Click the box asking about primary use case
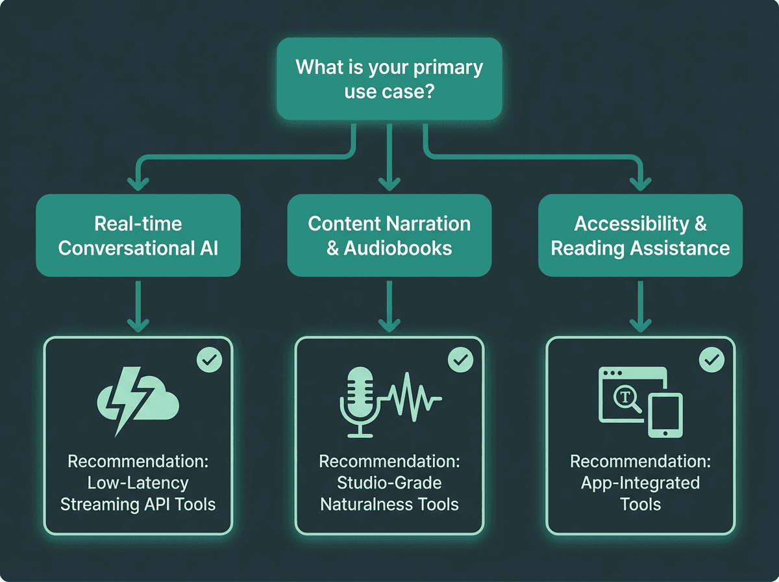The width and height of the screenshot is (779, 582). tap(389, 78)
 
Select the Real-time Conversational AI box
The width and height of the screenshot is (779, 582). tap(138, 235)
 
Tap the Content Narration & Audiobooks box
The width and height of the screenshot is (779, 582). tap(389, 235)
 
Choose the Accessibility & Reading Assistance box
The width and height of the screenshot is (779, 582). tap(640, 235)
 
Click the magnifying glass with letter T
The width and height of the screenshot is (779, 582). tap(628, 400)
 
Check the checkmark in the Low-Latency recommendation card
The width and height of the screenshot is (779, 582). tap(209, 360)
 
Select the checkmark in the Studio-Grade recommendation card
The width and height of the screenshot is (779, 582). tap(460, 359)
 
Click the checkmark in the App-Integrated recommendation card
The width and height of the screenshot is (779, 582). tap(711, 359)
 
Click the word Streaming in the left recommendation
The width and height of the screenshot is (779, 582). tap(101, 505)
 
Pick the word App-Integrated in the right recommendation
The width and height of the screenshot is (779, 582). tap(640, 483)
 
